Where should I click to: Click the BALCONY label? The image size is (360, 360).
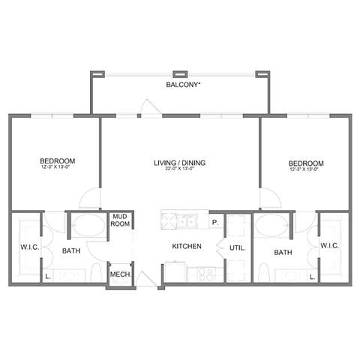click(x=183, y=85)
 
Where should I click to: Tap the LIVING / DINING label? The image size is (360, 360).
click(x=180, y=162)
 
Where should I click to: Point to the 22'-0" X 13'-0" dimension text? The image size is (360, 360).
click(x=180, y=169)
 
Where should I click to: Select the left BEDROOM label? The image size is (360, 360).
click(x=58, y=160)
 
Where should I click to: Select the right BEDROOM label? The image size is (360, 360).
click(x=306, y=163)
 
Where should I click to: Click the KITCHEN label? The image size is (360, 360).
click(x=187, y=246)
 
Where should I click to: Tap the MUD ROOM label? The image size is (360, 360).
click(x=120, y=220)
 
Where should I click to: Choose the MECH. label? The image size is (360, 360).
click(x=121, y=274)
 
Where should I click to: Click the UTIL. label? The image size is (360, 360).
click(x=236, y=246)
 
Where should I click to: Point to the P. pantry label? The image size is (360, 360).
click(x=214, y=222)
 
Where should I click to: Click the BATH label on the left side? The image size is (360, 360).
click(x=71, y=251)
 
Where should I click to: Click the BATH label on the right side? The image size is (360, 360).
click(x=283, y=253)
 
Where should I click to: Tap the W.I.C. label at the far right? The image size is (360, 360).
click(x=330, y=245)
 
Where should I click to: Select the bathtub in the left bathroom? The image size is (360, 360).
click(x=89, y=226)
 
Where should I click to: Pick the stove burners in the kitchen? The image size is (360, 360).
click(x=205, y=274)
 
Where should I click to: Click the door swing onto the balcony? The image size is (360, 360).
click(x=150, y=108)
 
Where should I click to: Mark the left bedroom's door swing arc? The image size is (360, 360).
click(x=90, y=199)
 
